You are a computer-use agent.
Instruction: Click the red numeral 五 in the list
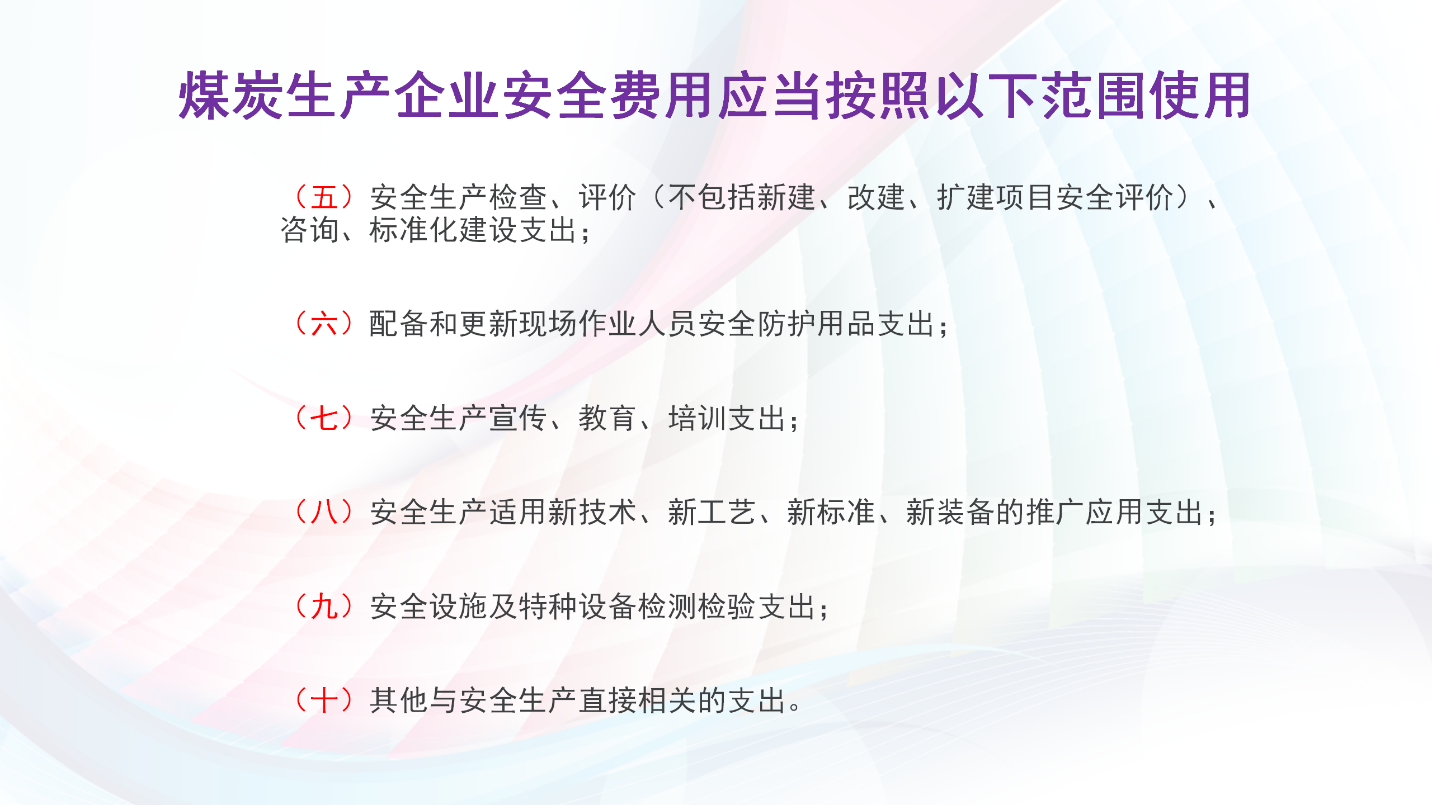[324, 197]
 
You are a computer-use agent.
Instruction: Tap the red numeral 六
[324, 324]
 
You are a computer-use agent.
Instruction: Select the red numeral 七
[324, 418]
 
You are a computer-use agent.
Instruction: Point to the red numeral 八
[324, 512]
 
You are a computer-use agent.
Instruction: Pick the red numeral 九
[324, 607]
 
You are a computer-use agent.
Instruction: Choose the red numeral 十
[324, 700]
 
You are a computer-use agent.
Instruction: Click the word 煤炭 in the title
[230, 96]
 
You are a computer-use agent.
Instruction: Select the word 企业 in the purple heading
[446, 96]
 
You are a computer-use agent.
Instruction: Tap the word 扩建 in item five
[967, 197]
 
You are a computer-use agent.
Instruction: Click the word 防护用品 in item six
[817, 324]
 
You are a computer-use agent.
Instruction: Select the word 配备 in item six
[399, 324]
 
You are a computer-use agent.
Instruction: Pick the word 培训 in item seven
[698, 418]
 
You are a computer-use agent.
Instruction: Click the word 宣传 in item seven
[519, 418]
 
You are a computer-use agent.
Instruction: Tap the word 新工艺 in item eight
[712, 512]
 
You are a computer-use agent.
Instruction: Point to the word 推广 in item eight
[1056, 512]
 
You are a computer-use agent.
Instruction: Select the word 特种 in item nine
[549, 607]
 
